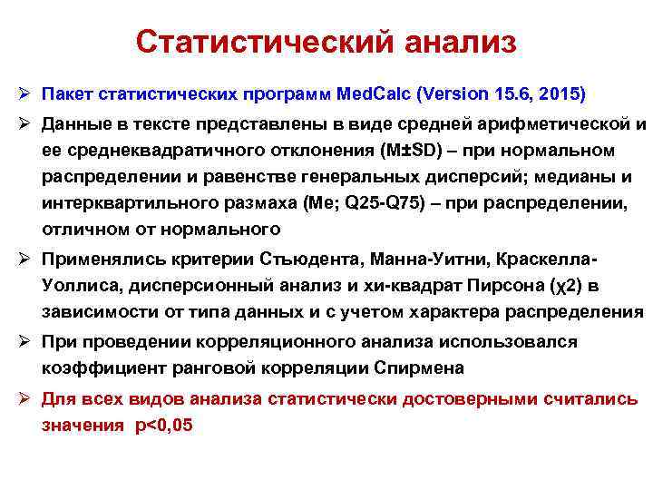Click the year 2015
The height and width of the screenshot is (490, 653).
[x=558, y=93]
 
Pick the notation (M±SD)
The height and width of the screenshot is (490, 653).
[x=417, y=150]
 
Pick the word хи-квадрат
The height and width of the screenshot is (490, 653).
[x=396, y=288]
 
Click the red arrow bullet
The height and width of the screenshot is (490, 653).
[x=24, y=397]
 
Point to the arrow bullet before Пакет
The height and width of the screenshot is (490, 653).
[x=24, y=93]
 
